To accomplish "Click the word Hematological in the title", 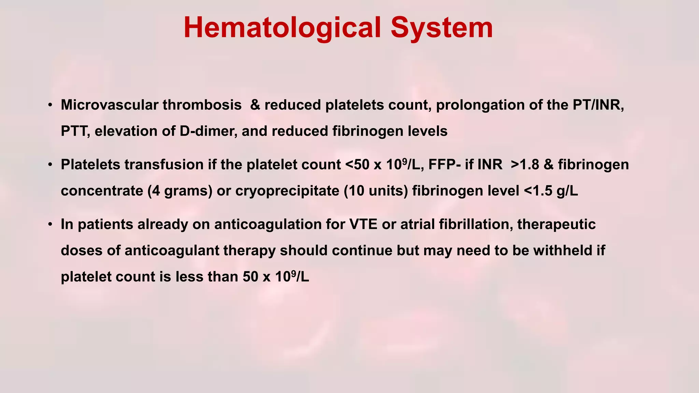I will tap(282, 28).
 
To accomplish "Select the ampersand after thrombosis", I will tap(255, 105).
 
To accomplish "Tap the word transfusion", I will tap(164, 165).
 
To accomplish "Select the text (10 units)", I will tap(375, 191).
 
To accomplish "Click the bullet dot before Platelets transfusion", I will tap(50, 165).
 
